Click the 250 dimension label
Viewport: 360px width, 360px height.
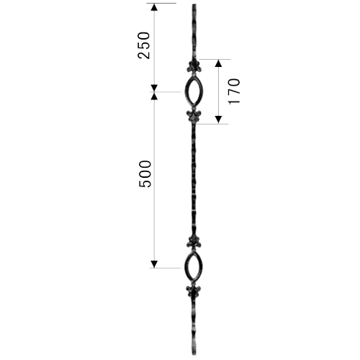(x=144, y=45)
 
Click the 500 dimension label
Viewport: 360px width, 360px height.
(x=145, y=174)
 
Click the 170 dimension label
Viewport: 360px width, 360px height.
(x=234, y=91)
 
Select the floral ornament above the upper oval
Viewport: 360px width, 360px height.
(x=194, y=67)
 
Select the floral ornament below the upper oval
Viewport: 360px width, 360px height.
(x=194, y=117)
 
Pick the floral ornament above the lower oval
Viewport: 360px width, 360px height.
(x=194, y=242)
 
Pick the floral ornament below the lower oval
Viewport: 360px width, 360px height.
(x=194, y=292)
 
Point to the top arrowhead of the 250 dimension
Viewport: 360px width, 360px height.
(x=154, y=7)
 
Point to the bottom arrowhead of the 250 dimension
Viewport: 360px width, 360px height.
(x=154, y=88)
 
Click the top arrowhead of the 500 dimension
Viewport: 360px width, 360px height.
(x=154, y=96)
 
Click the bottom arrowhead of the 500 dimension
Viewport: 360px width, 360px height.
(x=154, y=264)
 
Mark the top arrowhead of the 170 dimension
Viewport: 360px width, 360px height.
(x=218, y=63)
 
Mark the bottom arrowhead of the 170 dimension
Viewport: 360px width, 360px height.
(x=218, y=120)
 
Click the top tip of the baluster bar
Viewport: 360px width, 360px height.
(x=194, y=4)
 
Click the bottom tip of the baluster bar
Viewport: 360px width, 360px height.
(x=194, y=355)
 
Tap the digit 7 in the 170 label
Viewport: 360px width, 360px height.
(x=234, y=91)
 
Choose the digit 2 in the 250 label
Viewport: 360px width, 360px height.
(x=144, y=55)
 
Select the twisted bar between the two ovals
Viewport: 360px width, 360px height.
(x=194, y=179)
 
